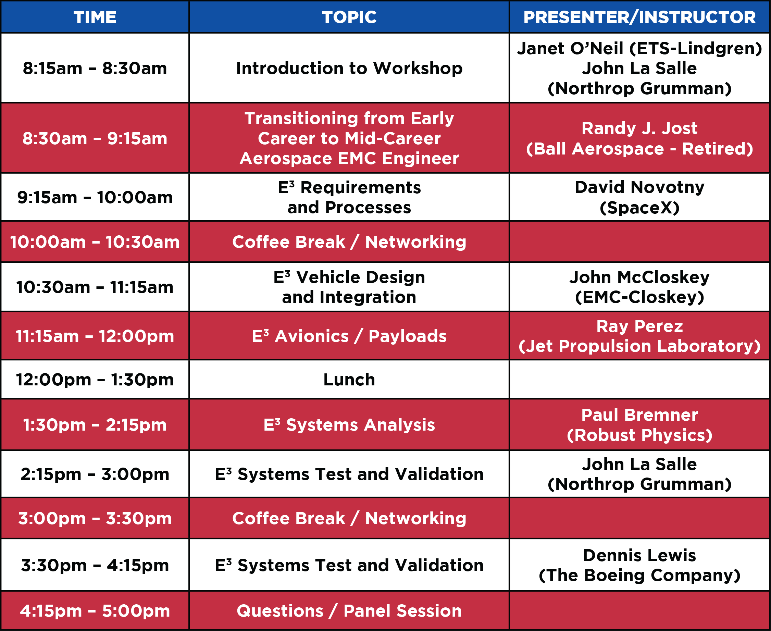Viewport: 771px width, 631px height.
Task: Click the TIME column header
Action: click(x=95, y=17)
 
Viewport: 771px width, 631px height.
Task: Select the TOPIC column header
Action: click(x=349, y=17)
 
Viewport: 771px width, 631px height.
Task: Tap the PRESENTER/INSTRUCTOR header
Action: click(x=639, y=17)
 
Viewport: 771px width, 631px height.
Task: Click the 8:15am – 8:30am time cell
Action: click(x=95, y=68)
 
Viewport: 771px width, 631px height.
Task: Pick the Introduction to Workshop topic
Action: click(x=349, y=68)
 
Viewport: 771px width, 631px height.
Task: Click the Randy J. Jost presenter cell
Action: click(x=639, y=138)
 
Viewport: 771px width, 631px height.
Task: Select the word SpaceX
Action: click(x=639, y=208)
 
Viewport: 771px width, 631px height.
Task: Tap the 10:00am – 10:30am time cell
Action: click(x=95, y=242)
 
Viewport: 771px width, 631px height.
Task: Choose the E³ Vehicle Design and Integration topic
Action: click(x=349, y=287)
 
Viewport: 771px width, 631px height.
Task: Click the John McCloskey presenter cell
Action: click(x=639, y=287)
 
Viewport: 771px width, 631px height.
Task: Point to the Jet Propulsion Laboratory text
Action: click(x=639, y=346)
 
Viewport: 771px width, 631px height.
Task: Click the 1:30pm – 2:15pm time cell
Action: click(x=95, y=425)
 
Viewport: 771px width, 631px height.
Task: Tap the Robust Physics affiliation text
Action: click(x=639, y=435)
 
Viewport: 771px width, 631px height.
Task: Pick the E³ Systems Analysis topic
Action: click(x=349, y=425)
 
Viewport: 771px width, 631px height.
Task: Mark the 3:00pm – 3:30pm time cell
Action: click(x=95, y=518)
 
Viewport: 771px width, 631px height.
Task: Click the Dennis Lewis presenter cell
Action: click(x=639, y=565)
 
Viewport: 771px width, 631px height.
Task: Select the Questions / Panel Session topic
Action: click(x=349, y=611)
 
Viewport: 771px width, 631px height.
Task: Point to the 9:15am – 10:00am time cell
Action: click(x=95, y=197)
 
